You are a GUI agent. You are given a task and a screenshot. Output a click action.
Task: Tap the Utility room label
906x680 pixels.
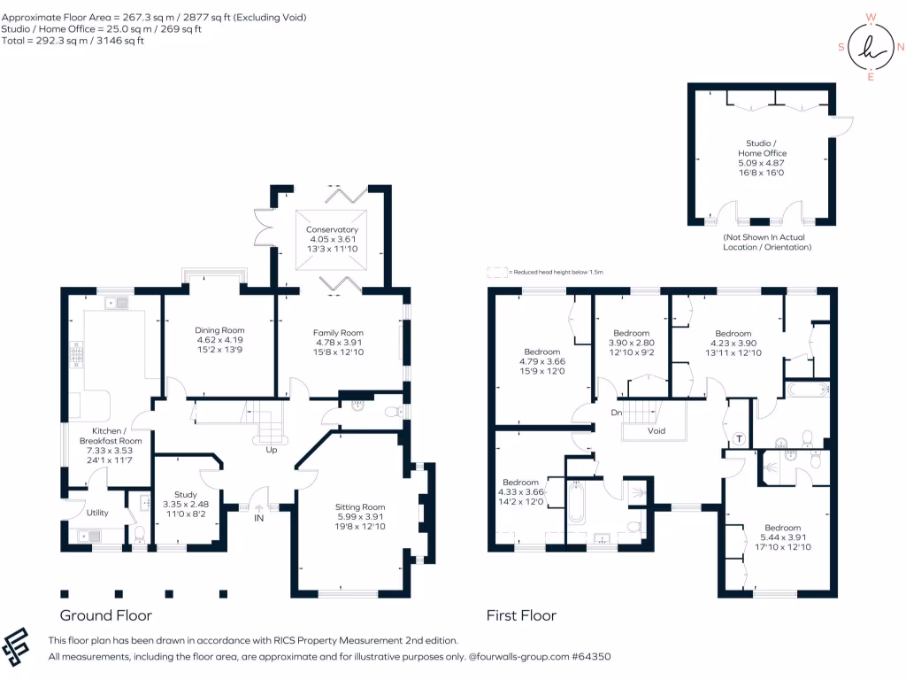97,513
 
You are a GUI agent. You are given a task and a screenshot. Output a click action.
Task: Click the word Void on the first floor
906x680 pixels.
656,431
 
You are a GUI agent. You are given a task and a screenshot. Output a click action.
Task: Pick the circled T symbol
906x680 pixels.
739,439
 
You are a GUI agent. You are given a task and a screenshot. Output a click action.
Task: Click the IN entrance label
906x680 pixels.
259,518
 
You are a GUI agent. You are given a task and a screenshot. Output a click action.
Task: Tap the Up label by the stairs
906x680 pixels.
272,450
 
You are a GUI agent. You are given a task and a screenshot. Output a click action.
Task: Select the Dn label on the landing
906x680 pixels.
617,413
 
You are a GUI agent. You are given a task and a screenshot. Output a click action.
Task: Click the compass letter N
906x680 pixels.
900,48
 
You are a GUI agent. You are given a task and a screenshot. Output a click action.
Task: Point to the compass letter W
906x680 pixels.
871,18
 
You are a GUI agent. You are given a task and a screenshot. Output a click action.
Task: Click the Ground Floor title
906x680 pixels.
106,615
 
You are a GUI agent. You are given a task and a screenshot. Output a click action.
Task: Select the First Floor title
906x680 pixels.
521,615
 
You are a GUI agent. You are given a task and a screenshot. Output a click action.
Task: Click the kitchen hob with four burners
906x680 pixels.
76,354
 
